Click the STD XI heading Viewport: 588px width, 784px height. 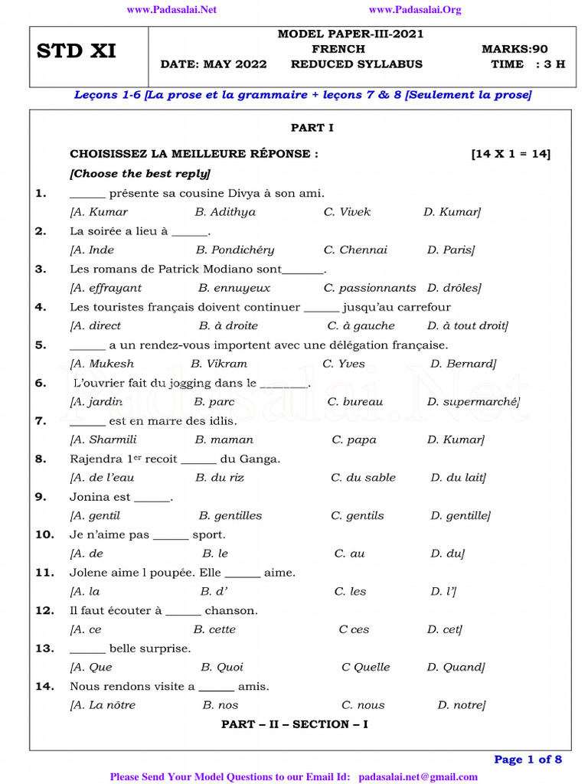coord(77,52)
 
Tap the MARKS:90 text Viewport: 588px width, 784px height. coord(514,49)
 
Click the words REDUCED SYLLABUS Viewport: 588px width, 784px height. coord(356,64)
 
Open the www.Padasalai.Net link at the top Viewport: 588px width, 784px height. coord(171,10)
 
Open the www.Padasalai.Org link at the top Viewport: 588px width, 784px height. coord(415,10)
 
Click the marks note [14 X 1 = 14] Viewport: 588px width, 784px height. coord(511,154)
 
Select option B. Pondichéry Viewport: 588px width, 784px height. coord(234,250)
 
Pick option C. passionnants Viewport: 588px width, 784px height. coord(370,289)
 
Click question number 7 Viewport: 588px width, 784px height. coord(41,421)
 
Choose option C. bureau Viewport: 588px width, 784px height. coord(355,402)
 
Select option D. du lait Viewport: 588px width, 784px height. coord(458,478)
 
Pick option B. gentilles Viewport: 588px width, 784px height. coord(230,516)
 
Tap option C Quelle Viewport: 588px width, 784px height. coord(365,668)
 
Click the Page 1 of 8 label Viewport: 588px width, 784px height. coord(528,759)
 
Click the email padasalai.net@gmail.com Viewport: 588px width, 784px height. coord(417,777)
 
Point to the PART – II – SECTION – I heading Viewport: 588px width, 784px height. coord(295,724)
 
